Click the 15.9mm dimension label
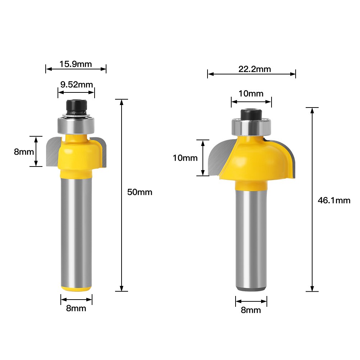(x=76, y=64)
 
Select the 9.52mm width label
(x=76, y=85)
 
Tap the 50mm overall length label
(x=140, y=192)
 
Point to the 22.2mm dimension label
(x=254, y=69)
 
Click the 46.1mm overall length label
(x=334, y=201)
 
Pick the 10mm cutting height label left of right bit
(x=185, y=158)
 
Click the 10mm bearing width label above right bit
(x=251, y=94)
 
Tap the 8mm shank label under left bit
(x=76, y=308)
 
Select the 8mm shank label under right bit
(x=251, y=310)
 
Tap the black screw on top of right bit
(x=251, y=114)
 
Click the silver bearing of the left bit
(x=76, y=125)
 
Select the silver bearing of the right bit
(x=251, y=127)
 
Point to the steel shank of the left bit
(x=76, y=230)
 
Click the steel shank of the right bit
(x=251, y=237)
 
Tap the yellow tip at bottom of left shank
(x=76, y=288)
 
